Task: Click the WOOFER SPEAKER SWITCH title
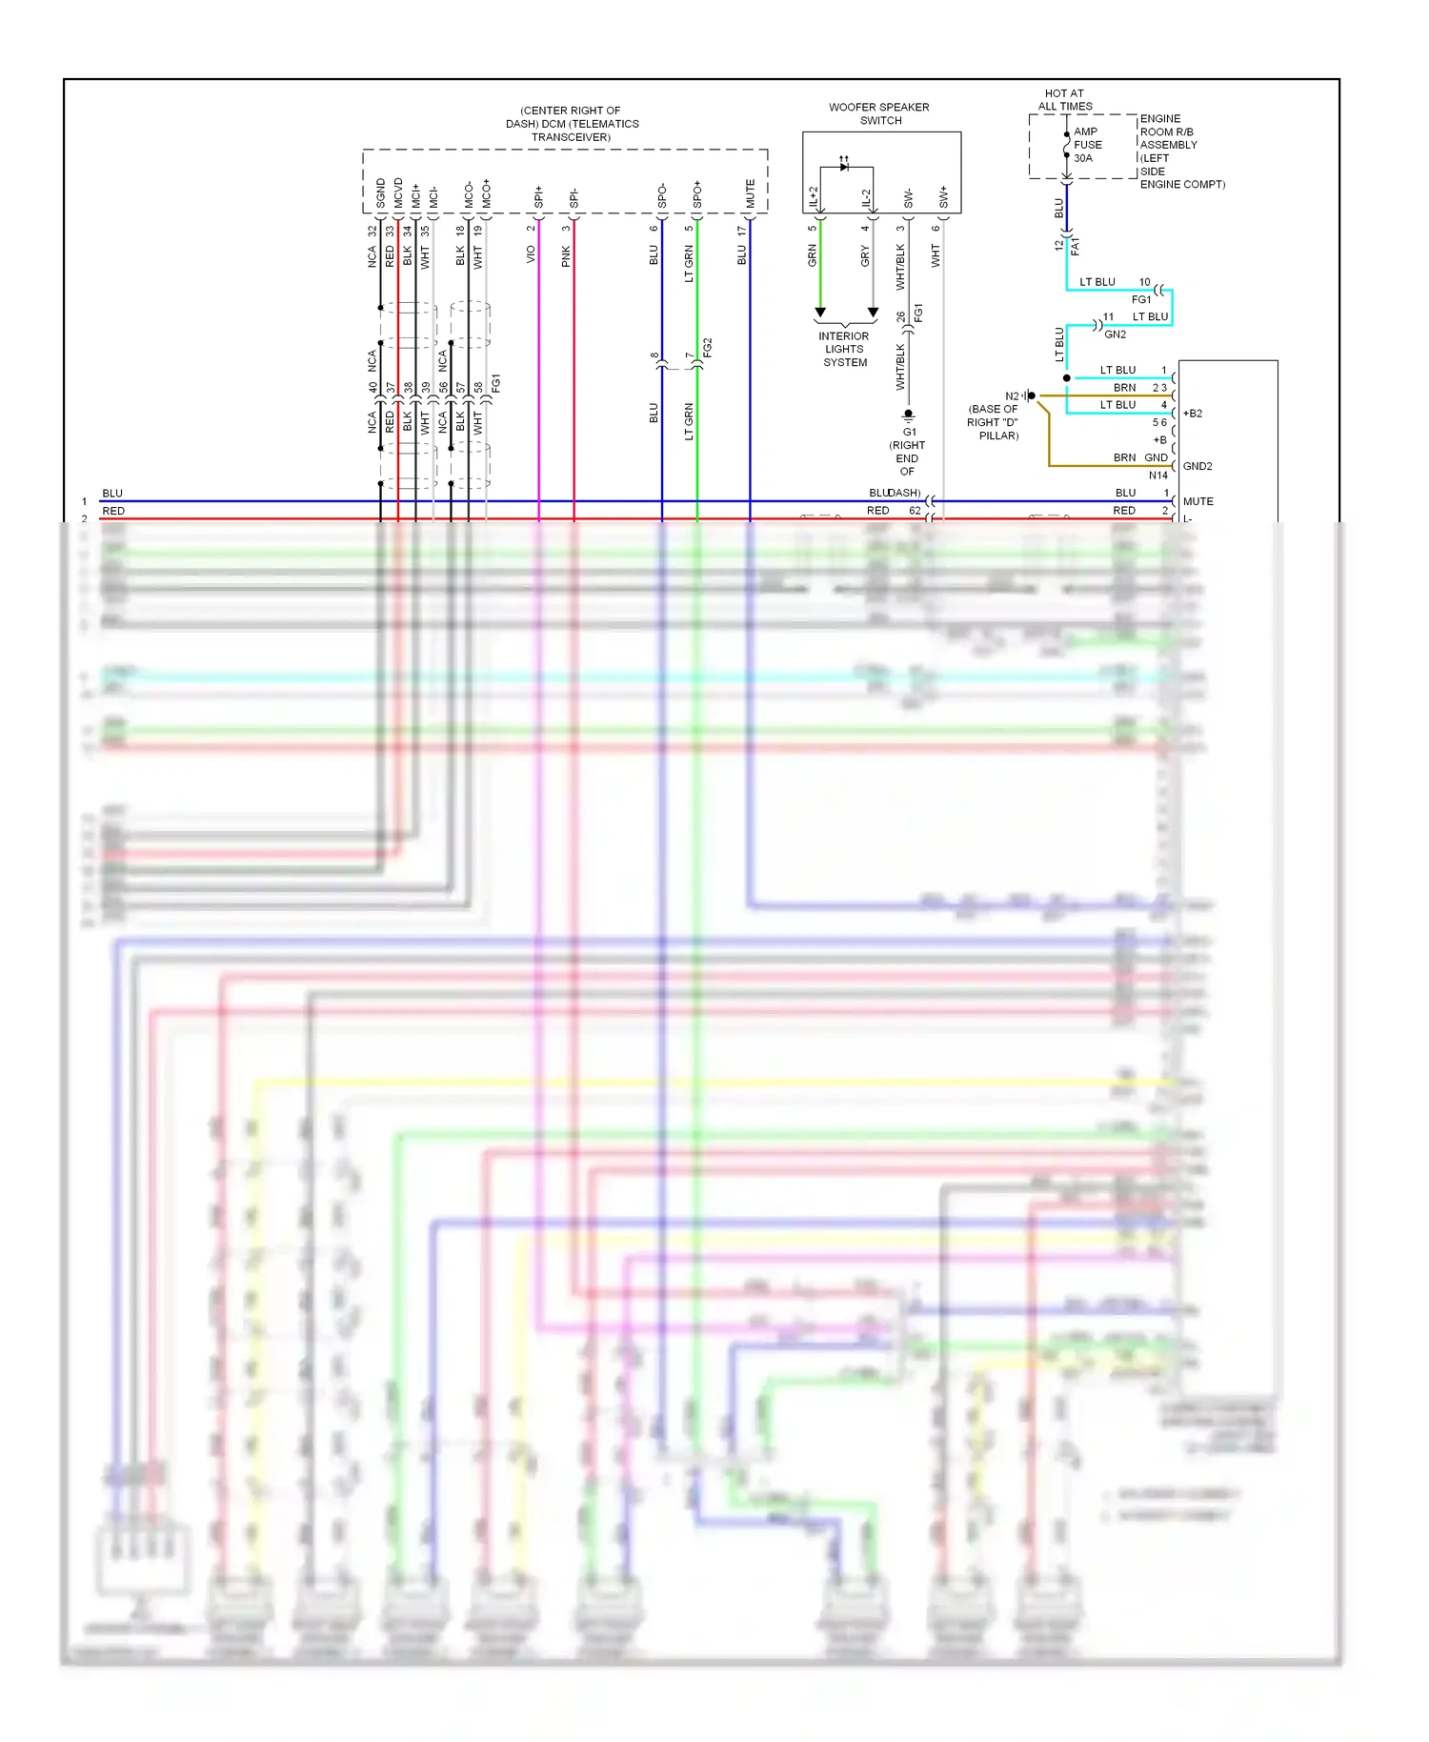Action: click(878, 114)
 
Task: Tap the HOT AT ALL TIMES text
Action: click(1064, 100)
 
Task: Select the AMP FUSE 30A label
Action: click(1087, 145)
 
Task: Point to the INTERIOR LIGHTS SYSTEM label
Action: click(844, 350)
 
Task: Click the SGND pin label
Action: click(381, 193)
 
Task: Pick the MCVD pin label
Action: click(398, 193)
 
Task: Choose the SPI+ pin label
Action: click(539, 197)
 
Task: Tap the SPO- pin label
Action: click(662, 196)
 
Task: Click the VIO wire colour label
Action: click(532, 254)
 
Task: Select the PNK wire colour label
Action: click(567, 255)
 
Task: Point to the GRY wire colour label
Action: click(865, 255)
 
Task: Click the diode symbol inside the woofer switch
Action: click(844, 167)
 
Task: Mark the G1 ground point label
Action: click(910, 432)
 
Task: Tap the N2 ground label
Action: click(1012, 396)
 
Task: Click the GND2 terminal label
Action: click(1198, 466)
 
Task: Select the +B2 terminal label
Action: click(1193, 414)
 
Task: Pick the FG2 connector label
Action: click(708, 348)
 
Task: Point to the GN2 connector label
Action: click(1115, 334)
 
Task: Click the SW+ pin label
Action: click(944, 197)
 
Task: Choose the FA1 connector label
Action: click(1076, 247)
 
